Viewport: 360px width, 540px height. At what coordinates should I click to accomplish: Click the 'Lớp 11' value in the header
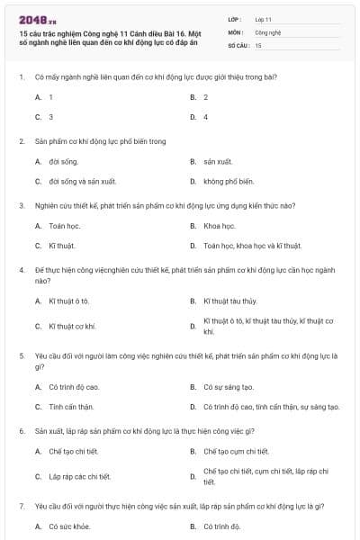[x=263, y=18]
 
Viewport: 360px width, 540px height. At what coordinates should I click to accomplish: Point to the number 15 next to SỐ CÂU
[x=258, y=44]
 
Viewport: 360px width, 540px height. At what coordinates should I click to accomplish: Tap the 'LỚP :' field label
[x=236, y=18]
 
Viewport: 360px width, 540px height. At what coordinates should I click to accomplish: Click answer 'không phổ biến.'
[x=229, y=181]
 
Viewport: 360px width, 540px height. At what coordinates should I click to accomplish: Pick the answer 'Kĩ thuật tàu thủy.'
[x=229, y=300]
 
